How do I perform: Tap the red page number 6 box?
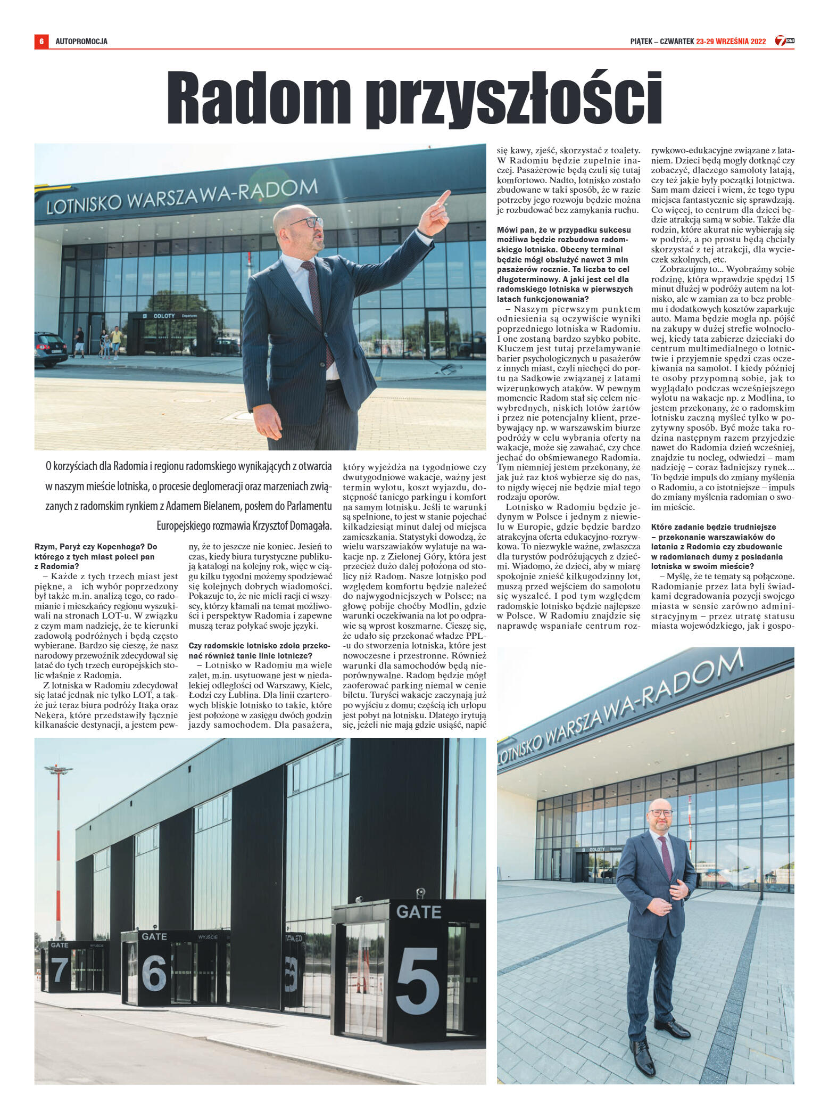pyautogui.click(x=41, y=41)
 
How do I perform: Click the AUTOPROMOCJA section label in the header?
pyautogui.click(x=81, y=41)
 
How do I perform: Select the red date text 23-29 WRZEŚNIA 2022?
pyautogui.click(x=731, y=41)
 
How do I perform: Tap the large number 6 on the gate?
pyautogui.click(x=154, y=974)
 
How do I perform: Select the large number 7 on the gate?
pyautogui.click(x=59, y=970)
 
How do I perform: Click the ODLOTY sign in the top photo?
pyautogui.click(x=164, y=316)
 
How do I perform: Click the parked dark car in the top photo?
pyautogui.click(x=50, y=349)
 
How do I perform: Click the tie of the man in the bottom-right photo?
pyautogui.click(x=665, y=857)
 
